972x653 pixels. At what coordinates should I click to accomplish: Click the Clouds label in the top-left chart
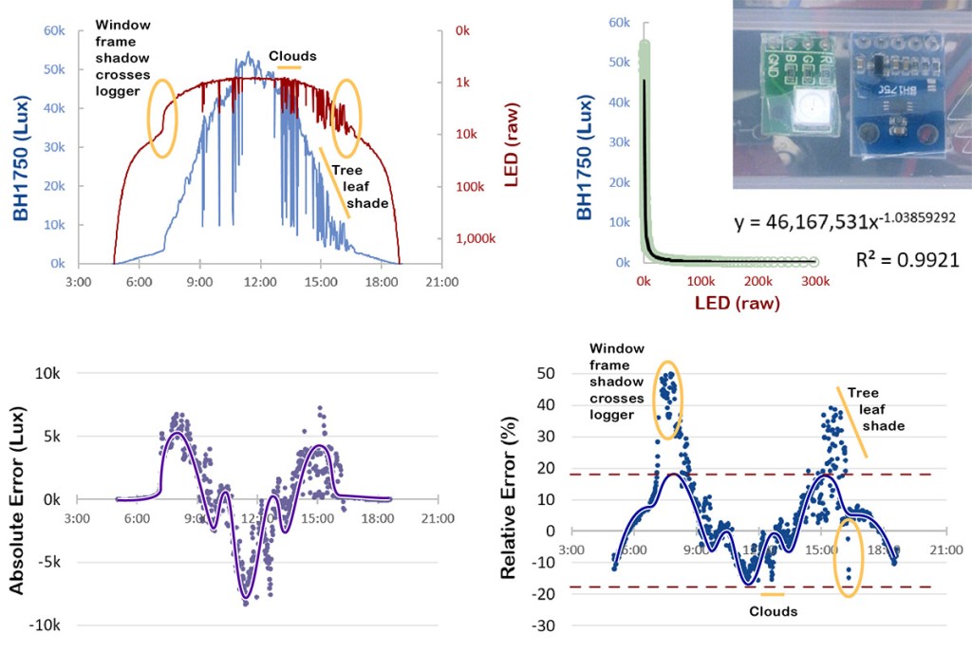291,56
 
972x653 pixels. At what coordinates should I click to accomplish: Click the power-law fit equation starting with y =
844,219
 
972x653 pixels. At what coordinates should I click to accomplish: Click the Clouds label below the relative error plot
773,611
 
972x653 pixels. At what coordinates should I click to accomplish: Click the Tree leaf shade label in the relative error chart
873,409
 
